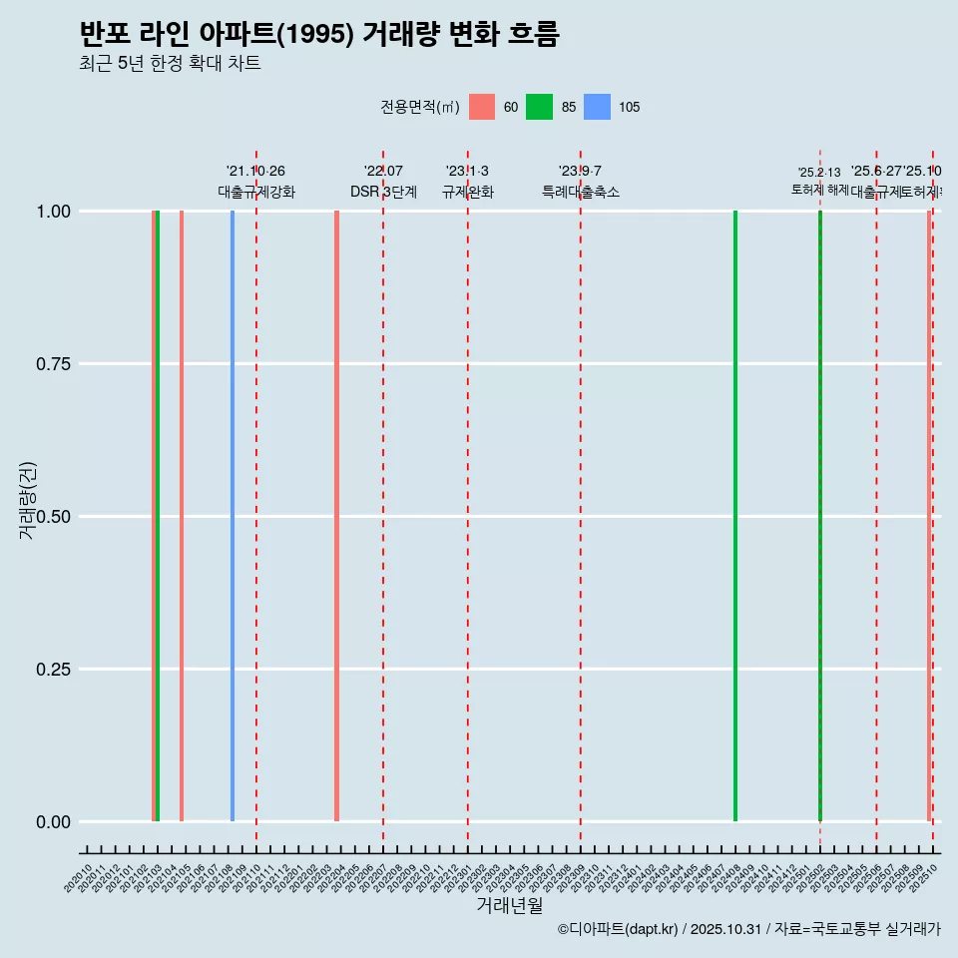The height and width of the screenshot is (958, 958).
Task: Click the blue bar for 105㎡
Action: click(x=233, y=516)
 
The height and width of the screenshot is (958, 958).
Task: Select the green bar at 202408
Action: click(x=735, y=516)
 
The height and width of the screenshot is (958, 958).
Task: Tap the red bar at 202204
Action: click(x=336, y=516)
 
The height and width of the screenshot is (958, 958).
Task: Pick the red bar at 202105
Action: click(x=182, y=516)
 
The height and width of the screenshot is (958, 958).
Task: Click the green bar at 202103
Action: click(x=158, y=516)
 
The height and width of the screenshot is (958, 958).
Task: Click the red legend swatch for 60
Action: click(x=482, y=107)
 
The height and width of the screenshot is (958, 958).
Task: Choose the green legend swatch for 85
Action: click(x=539, y=107)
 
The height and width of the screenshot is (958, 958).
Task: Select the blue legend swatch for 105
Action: click(x=597, y=107)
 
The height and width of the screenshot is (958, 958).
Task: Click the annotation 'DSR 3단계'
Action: click(x=383, y=192)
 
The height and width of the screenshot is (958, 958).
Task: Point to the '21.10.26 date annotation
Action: click(x=255, y=171)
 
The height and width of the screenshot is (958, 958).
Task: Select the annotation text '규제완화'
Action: click(x=468, y=192)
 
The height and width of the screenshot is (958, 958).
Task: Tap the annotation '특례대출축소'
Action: click(x=581, y=192)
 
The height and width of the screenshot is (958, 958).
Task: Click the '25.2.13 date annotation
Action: click(x=819, y=173)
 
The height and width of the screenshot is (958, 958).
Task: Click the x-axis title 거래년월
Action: click(x=510, y=905)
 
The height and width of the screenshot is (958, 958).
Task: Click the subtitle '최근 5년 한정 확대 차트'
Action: click(x=170, y=64)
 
